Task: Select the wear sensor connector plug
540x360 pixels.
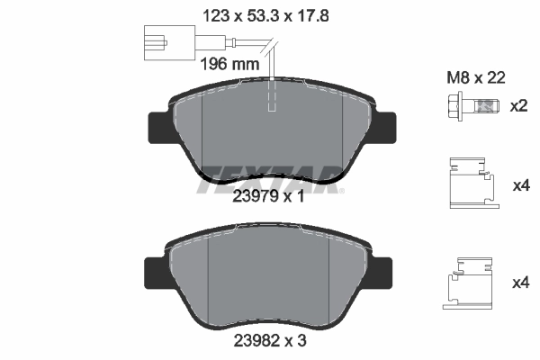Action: click(x=162, y=41)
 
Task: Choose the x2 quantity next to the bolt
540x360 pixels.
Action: click(x=518, y=107)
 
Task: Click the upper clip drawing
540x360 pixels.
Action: click(x=471, y=184)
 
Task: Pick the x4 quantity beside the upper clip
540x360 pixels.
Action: click(x=520, y=185)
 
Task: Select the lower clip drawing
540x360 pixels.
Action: click(x=470, y=281)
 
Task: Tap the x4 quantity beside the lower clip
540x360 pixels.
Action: click(x=520, y=283)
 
